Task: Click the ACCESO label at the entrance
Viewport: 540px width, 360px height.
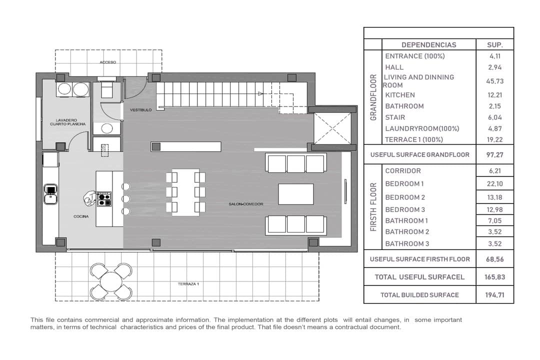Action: [x=108, y=62]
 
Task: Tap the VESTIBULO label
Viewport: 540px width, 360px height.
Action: [x=140, y=110]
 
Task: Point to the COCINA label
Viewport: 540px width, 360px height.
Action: [x=81, y=216]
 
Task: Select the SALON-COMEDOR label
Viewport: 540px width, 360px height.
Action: [x=246, y=204]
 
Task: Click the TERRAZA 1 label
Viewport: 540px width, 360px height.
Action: [x=188, y=284]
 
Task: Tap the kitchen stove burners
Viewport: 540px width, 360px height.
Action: [x=104, y=199]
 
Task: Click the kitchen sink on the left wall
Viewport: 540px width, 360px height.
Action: [x=50, y=194]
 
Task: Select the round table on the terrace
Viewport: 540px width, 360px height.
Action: [x=110, y=281]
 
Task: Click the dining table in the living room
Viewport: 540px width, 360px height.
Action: [x=185, y=192]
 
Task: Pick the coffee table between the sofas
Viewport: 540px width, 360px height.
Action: [x=296, y=194]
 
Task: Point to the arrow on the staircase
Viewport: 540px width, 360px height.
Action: [x=260, y=93]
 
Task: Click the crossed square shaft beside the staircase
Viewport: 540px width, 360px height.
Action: [x=332, y=128]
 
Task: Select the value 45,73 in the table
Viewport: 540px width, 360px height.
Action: [x=495, y=81]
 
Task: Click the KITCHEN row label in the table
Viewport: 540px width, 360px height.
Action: [x=400, y=95]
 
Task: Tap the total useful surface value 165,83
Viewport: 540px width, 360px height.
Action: [x=495, y=277]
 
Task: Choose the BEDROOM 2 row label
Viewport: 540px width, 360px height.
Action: [x=405, y=197]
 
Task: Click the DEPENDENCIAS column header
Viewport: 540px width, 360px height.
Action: [x=429, y=45]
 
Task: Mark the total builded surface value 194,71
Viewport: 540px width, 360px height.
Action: [x=495, y=295]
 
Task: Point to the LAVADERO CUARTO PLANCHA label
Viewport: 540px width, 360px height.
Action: [x=68, y=122]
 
